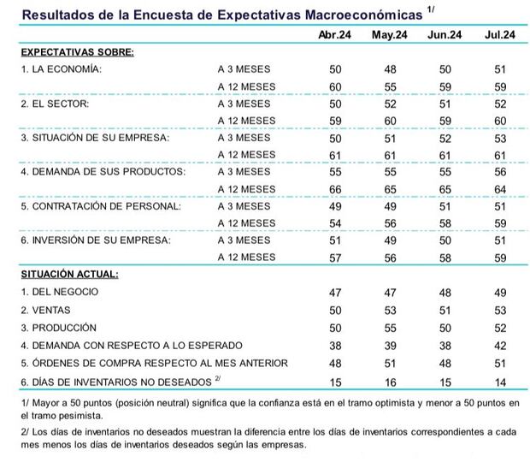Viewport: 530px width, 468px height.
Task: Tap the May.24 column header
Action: pyautogui.click(x=389, y=34)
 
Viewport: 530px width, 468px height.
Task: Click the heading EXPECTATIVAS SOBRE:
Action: pyautogui.click(x=77, y=51)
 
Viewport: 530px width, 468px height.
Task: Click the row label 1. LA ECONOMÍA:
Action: pyautogui.click(x=62, y=69)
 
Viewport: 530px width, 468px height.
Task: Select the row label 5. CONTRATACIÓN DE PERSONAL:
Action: pyautogui.click(x=101, y=206)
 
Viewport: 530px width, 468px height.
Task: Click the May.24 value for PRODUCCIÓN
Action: pyautogui.click(x=389, y=327)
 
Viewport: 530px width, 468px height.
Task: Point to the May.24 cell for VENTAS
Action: pyautogui.click(x=389, y=310)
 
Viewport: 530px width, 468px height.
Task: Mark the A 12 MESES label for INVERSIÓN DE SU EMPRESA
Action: pyautogui.click(x=247, y=257)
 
